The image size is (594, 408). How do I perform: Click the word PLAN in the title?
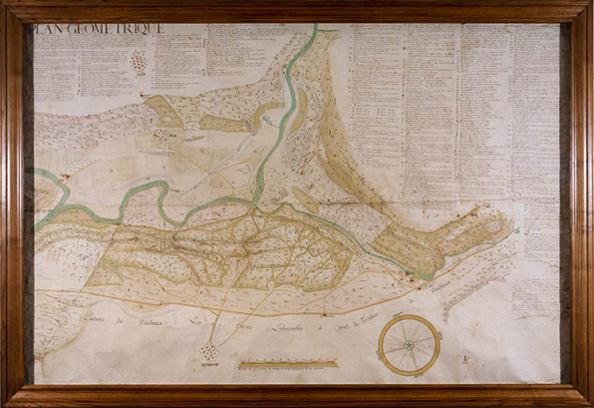point(48,30)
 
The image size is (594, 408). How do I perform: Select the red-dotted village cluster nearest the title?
point(139,62)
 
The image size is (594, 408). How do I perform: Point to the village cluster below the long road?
point(209,352)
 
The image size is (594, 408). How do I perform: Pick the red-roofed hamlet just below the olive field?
point(159,134)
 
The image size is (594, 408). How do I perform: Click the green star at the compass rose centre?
point(409,344)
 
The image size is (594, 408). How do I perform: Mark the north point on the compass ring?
point(409,315)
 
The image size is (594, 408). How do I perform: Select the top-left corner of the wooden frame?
point(4,4)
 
